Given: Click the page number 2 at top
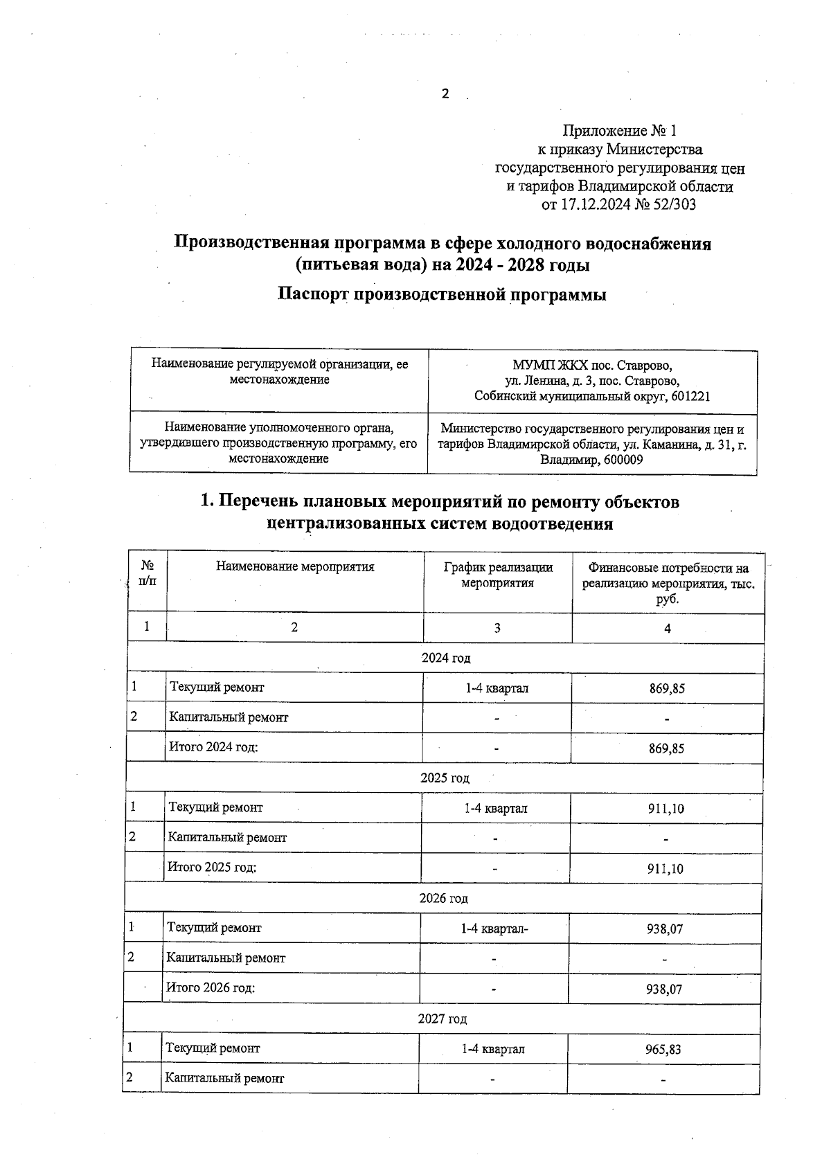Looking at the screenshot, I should click(x=445, y=94).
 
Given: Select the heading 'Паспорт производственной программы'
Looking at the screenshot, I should click(x=442, y=294).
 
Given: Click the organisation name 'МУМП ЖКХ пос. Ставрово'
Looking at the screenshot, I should click(x=592, y=365).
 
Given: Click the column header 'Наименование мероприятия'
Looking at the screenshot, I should click(x=295, y=567).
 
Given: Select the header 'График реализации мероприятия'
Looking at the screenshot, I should click(x=498, y=575).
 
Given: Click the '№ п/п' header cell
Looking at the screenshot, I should click(x=148, y=574).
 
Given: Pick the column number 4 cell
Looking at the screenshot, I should click(x=668, y=628).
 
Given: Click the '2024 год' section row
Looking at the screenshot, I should click(x=446, y=658).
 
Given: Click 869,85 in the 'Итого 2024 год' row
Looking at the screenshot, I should click(x=667, y=748).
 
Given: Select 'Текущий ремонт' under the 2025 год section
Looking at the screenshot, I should click(x=216, y=807).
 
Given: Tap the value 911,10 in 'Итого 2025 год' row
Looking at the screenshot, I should click(x=665, y=868).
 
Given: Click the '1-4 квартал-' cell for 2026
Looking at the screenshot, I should click(x=495, y=929).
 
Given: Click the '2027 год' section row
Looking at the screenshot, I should click(x=442, y=1019).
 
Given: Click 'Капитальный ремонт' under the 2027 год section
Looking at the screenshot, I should click(x=224, y=1079).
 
